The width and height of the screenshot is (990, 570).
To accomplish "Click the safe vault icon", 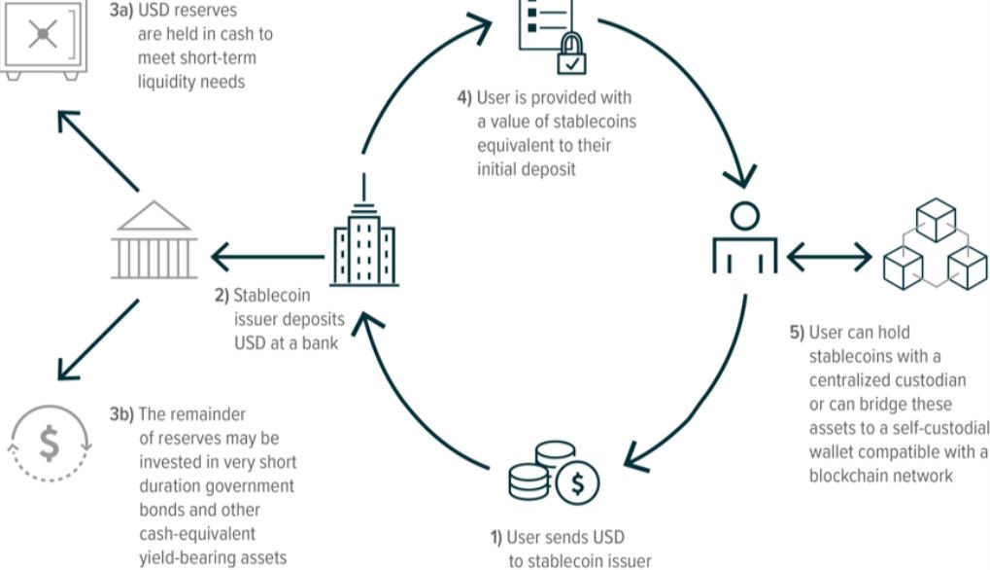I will point(41,38).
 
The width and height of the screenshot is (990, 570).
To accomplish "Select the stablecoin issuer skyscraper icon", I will point(363,243).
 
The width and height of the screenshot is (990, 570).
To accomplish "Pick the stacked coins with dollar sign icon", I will point(553,472).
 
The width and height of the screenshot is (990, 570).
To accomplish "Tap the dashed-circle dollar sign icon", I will point(49,444).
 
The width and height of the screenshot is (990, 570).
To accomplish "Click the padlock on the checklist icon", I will point(571,56).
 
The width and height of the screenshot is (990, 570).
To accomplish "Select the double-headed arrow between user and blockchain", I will point(829,257).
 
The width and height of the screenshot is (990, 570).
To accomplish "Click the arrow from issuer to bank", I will point(267,258).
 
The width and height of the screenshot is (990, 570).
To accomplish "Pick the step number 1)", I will point(495,537).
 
